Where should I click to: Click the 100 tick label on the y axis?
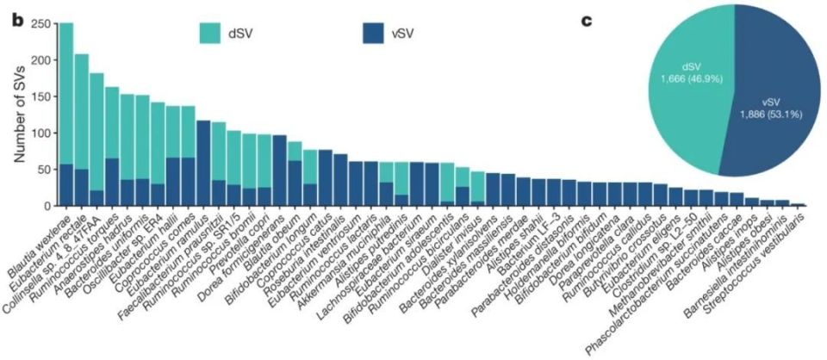[x=38, y=133]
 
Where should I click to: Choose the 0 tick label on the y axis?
[x=44, y=206]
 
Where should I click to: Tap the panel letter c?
[x=588, y=18]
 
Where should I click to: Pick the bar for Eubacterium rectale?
[x=82, y=130]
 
